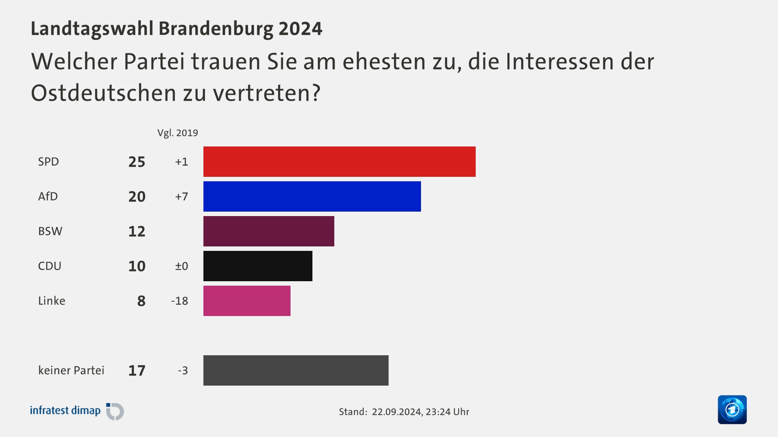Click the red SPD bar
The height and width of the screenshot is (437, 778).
coord(339,161)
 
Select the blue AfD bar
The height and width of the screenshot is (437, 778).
coord(312,196)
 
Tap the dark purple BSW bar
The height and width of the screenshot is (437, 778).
coord(269,231)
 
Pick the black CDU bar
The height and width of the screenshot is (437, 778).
coord(258,266)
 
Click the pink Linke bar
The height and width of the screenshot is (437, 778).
coord(247,301)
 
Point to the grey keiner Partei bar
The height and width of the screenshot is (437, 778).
coord(296,370)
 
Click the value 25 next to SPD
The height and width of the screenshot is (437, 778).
coord(137,162)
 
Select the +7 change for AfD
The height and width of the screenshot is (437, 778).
coord(182,197)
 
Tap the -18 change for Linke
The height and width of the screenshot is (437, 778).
coord(180,301)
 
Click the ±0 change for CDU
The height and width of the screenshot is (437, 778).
coord(182,266)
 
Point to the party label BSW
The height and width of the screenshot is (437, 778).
coord(50,231)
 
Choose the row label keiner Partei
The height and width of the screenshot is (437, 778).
coord(71,370)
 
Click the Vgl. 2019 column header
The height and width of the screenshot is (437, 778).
coord(177,133)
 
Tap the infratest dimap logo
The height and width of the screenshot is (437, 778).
coord(77,411)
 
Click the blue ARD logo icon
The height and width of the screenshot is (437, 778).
coord(732,409)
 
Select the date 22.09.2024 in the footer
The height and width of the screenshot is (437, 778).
coord(396,412)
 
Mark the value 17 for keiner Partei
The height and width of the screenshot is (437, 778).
coord(137,371)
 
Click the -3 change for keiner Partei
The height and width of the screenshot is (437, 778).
coord(183,371)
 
